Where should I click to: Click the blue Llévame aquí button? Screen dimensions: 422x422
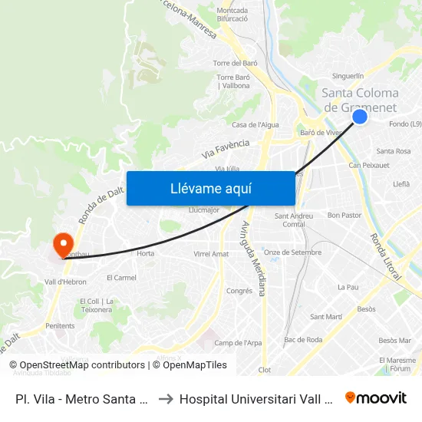(x=210, y=188)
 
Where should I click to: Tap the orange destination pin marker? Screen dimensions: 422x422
(x=62, y=244)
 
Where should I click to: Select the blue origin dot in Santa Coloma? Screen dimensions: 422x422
(x=359, y=117)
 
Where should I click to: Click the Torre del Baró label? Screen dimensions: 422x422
(x=235, y=63)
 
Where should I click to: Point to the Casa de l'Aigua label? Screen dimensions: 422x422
(x=256, y=124)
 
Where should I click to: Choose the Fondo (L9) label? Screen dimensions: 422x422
(x=405, y=124)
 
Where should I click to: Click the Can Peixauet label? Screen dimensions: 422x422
(x=364, y=165)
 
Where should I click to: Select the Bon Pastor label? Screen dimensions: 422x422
(x=344, y=216)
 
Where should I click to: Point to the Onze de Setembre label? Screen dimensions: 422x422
(x=292, y=252)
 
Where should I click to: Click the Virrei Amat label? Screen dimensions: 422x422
(x=211, y=254)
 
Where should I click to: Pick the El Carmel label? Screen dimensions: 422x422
(x=121, y=277)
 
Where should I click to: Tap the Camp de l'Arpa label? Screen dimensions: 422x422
(x=233, y=343)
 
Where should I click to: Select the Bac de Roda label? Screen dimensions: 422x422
(x=300, y=339)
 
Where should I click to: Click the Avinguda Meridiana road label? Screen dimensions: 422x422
(x=254, y=258)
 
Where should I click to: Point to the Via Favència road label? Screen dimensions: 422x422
(x=226, y=148)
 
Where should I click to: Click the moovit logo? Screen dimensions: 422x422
(x=375, y=397)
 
